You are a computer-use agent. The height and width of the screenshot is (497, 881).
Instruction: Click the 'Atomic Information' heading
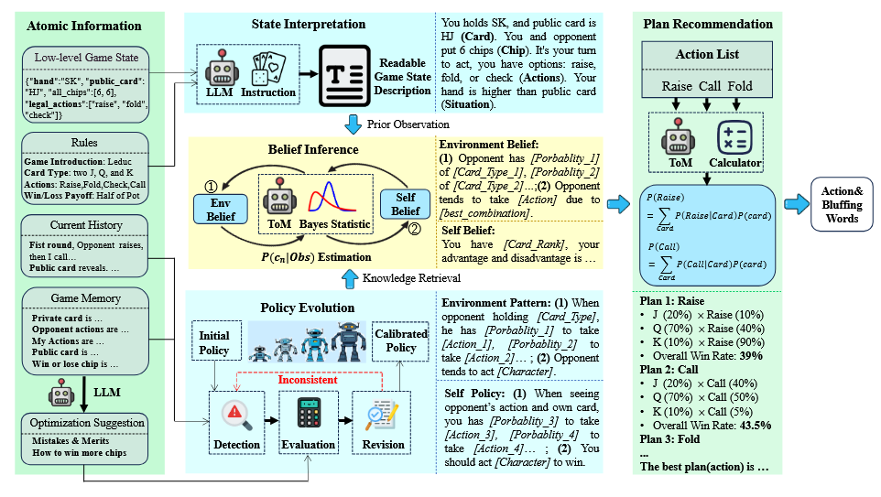pos(84,25)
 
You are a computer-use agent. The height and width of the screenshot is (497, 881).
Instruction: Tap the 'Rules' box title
pos(84,141)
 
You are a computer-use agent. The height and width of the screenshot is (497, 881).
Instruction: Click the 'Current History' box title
pos(84,225)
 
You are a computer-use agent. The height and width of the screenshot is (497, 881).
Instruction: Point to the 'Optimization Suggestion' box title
pos(84,422)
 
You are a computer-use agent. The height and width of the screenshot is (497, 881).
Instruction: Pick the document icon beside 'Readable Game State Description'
pos(343,76)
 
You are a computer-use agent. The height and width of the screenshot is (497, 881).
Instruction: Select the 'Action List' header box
pos(707,56)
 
